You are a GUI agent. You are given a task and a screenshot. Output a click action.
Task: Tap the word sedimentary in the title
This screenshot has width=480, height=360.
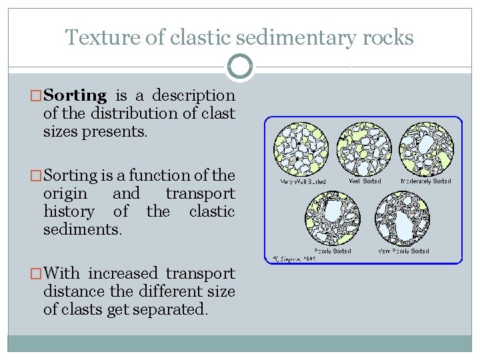tap(300, 37)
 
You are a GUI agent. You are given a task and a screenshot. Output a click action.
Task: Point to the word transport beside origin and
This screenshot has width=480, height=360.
tap(200, 193)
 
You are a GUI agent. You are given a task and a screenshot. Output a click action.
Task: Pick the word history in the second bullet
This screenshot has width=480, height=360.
tap(69, 211)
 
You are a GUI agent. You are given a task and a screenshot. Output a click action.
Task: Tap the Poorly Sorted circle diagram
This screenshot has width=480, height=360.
tap(332, 219)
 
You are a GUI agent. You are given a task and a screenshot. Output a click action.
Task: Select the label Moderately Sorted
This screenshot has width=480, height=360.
tap(425, 181)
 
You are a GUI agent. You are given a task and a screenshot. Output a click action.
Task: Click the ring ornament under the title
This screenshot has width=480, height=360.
tap(239, 66)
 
